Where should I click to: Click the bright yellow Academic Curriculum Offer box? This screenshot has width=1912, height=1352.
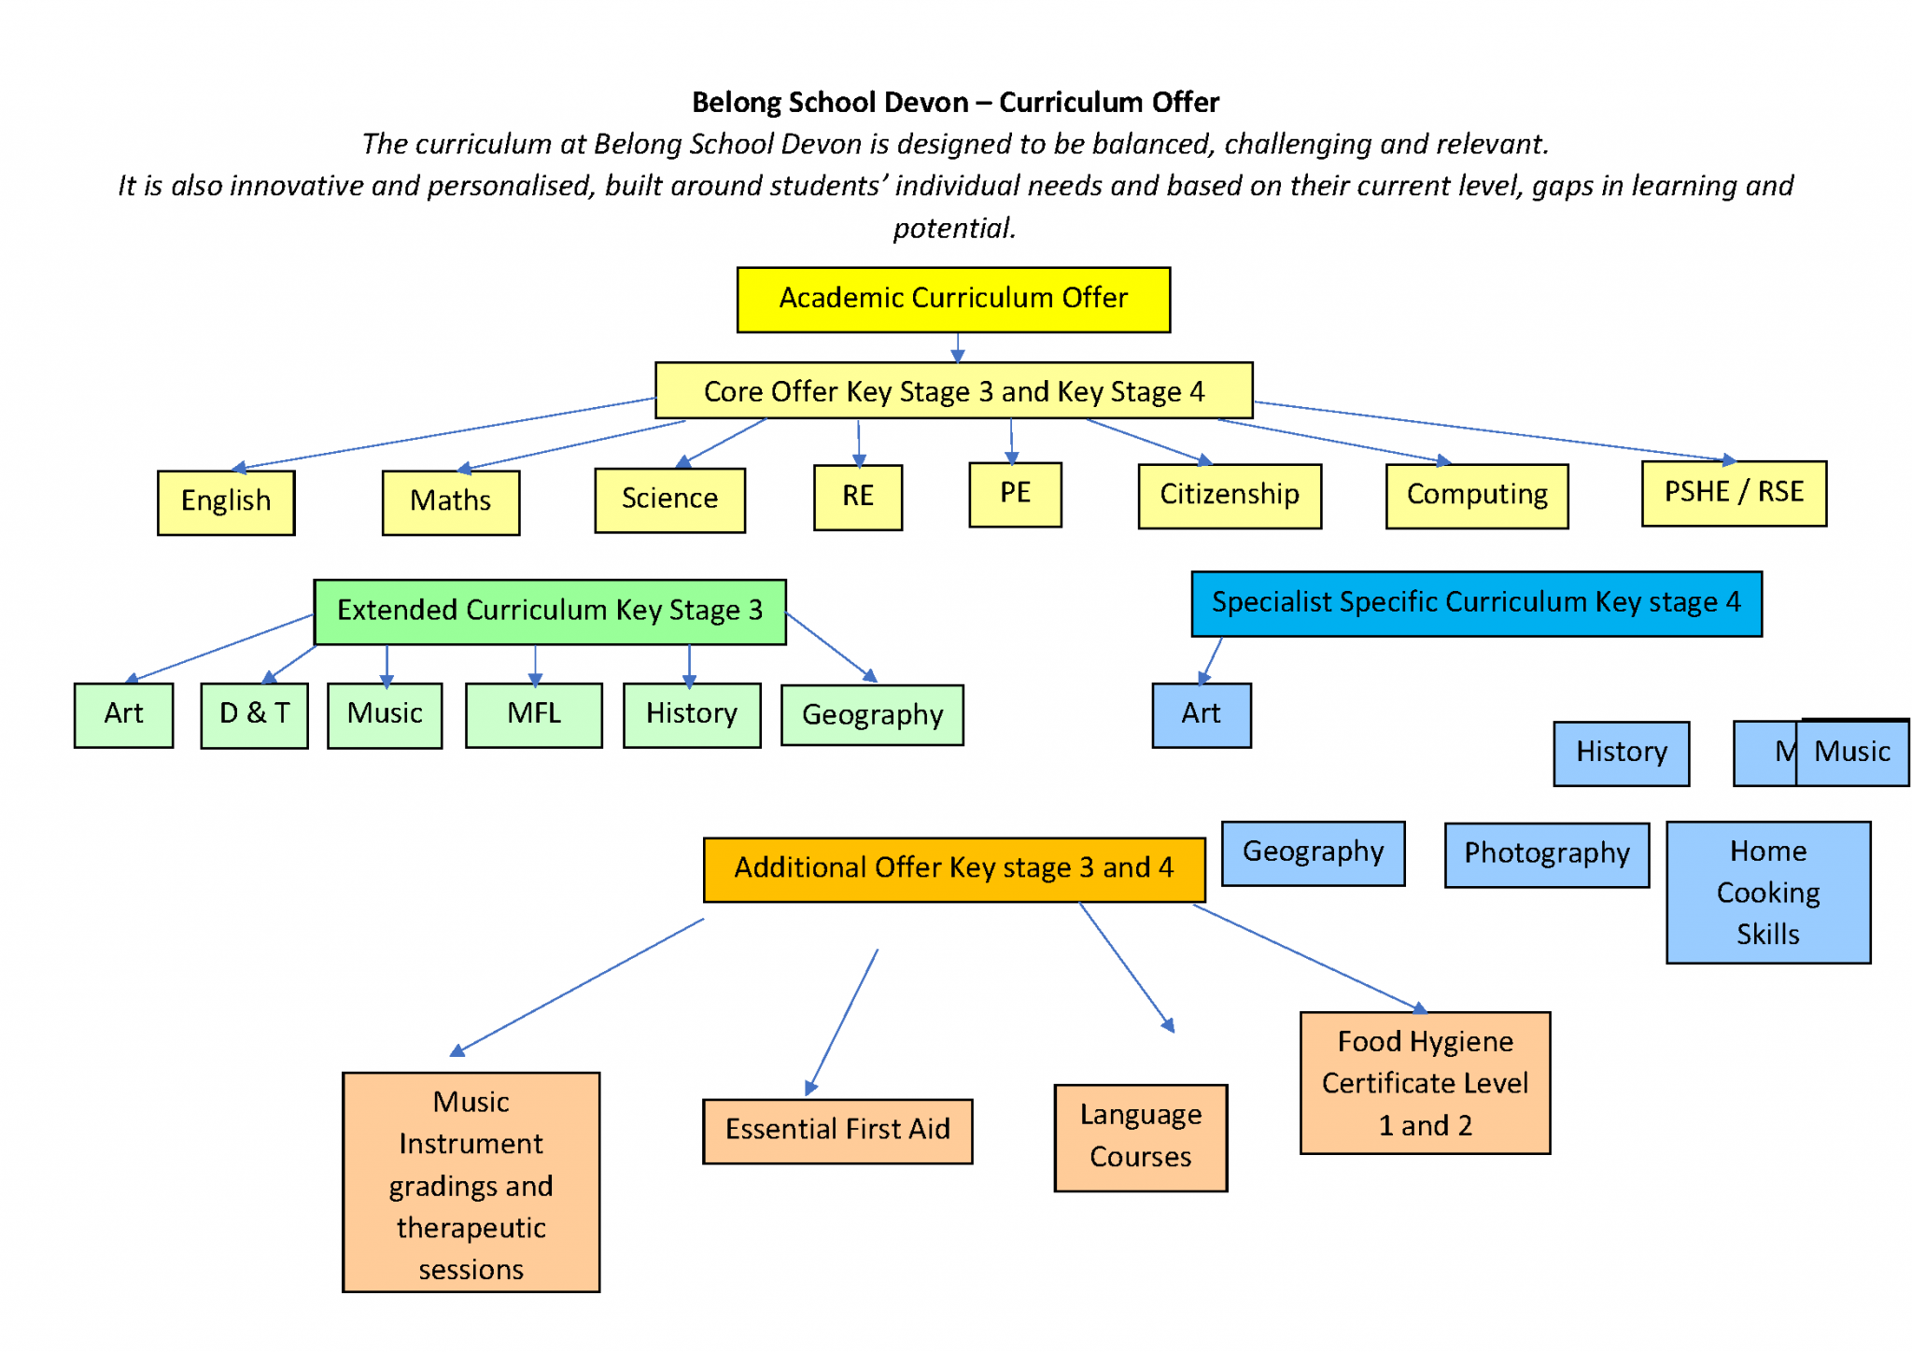[x=952, y=299]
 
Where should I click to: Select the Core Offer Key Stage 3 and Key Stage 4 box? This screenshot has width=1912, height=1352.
[x=952, y=390]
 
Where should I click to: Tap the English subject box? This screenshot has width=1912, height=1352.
[x=226, y=501]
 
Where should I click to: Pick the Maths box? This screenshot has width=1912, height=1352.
[x=450, y=501]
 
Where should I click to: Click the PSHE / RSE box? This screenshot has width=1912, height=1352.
[x=1733, y=492]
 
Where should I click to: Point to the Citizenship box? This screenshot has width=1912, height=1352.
[x=1229, y=495]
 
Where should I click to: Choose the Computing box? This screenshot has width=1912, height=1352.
[x=1476, y=495]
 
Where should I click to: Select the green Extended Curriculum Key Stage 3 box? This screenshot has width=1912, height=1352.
[x=549, y=611]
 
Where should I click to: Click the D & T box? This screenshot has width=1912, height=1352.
[x=254, y=714]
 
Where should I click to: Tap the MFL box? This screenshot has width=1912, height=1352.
[x=533, y=714]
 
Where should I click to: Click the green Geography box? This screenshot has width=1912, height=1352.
[x=871, y=715]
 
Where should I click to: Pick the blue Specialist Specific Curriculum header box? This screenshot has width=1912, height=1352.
[x=1475, y=603]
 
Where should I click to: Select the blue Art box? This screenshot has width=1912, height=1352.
[x=1201, y=714]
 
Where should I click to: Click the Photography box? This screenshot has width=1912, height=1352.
[x=1546, y=853]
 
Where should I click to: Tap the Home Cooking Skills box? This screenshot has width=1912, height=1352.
[x=1767, y=892]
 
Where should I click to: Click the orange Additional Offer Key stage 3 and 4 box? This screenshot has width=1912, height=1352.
[x=952, y=868]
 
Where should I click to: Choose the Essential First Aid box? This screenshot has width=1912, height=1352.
[x=836, y=1130]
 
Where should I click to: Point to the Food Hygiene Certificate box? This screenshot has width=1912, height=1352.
[x=1424, y=1083]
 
